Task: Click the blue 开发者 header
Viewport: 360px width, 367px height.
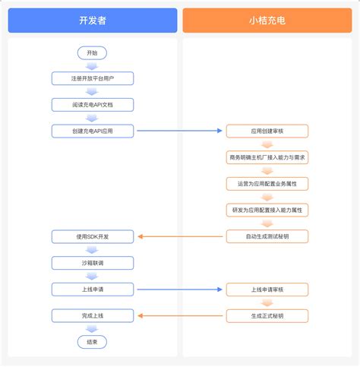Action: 92,21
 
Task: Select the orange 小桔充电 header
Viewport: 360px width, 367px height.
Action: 267,21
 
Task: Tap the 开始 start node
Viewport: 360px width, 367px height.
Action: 92,52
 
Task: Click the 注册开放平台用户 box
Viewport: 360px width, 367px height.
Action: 92,78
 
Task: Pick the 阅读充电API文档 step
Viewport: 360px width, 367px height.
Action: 92,104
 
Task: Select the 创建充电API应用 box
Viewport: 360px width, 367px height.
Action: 92,131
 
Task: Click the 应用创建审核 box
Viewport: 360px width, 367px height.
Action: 267,131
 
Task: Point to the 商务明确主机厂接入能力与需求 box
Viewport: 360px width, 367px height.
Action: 267,157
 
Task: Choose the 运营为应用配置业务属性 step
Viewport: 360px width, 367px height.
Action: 267,183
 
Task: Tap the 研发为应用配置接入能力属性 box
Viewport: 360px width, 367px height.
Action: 267,210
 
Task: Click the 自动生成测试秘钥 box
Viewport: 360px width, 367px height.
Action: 267,236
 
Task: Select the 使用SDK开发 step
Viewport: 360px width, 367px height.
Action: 92,236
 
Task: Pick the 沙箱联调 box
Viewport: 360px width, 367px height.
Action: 92,263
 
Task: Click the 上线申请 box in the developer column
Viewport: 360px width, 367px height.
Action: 92,289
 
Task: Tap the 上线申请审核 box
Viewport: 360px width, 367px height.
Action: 267,289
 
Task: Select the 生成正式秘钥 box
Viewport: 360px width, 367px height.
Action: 267,315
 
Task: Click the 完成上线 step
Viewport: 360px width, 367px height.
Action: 92,315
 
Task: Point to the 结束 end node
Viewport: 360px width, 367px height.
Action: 92,342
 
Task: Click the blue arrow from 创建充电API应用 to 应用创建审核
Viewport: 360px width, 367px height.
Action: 179,131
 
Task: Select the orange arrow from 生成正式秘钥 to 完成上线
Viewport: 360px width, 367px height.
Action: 179,315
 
